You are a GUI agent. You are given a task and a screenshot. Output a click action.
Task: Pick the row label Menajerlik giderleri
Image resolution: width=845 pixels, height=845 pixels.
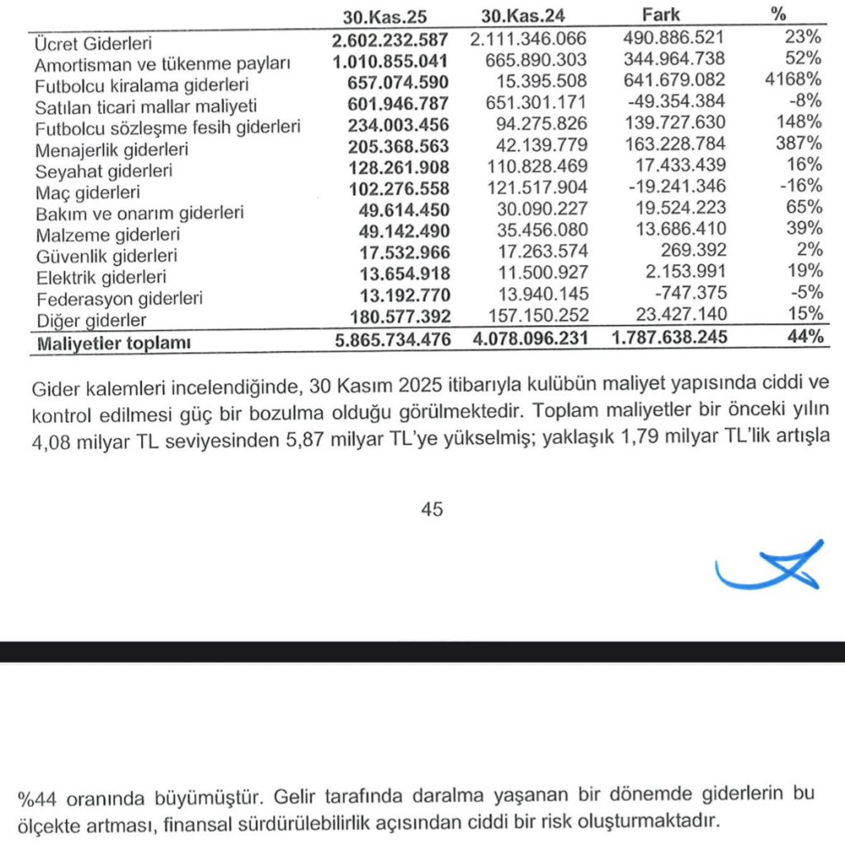(x=111, y=149)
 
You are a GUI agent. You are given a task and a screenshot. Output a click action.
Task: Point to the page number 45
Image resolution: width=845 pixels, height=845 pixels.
(x=432, y=509)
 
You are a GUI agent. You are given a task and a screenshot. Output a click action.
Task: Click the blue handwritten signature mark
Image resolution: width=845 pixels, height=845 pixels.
(x=772, y=567)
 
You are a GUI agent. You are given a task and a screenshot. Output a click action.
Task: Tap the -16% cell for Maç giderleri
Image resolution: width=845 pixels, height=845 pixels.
(x=800, y=186)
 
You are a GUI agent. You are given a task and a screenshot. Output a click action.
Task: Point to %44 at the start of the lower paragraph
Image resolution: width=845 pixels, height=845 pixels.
(x=35, y=798)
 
